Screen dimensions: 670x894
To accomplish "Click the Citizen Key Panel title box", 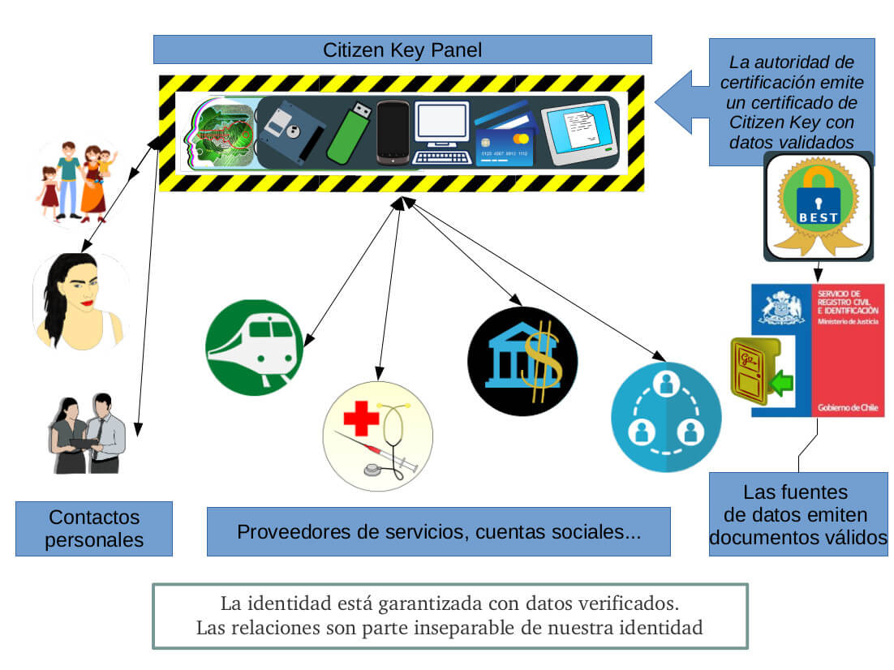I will [402, 49].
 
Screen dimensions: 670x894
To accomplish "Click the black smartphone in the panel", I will [393, 133].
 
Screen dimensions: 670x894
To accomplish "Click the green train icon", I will [254, 347].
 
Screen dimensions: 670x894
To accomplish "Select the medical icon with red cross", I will [377, 436].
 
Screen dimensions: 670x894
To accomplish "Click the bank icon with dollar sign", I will [522, 362].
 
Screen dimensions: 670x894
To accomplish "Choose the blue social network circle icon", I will [665, 417].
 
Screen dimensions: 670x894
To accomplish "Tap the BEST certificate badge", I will [818, 206].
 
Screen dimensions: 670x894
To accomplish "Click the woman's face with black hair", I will [79, 301].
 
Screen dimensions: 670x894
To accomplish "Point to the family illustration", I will [77, 183].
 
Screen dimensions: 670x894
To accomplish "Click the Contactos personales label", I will [93, 528].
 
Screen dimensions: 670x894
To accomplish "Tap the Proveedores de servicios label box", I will [438, 532].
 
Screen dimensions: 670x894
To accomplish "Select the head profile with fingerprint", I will [219, 133].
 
